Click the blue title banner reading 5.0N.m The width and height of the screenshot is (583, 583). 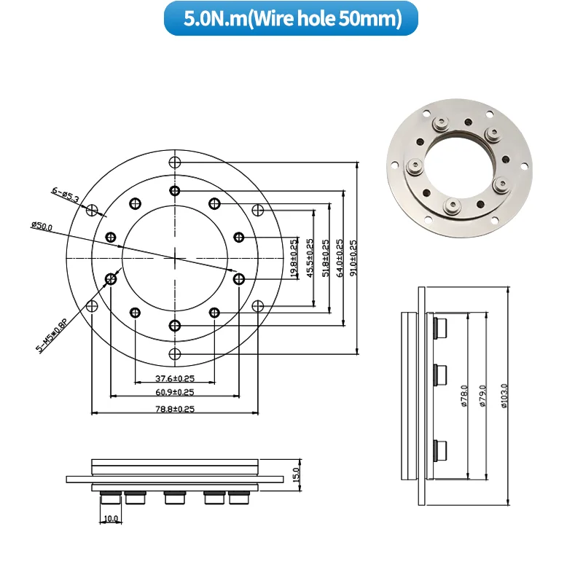pos(291,18)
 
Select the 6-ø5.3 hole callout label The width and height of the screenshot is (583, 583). pos(65,194)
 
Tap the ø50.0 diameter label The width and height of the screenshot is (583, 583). pos(42,227)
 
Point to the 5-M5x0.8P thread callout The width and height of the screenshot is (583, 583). pos(52,336)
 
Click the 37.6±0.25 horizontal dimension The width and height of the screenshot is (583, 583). pos(175,378)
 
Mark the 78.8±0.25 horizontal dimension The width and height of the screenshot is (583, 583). pos(175,409)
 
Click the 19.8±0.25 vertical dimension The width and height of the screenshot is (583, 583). pos(294,259)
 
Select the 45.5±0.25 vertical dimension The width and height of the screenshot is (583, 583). pos(310,259)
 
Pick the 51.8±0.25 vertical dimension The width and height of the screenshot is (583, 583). pos(325,259)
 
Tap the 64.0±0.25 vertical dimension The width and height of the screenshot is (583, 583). pos(340,259)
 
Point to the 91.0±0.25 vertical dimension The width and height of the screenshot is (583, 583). pos(353,259)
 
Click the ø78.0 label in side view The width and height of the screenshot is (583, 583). pos(464,397)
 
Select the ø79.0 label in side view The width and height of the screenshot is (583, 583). pos(481,397)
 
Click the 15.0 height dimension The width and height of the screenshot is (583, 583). pos(295,475)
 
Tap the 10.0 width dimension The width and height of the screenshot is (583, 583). pos(111,518)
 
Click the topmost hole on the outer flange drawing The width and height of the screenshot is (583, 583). pos(173,161)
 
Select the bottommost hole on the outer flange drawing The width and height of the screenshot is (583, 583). pos(173,354)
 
